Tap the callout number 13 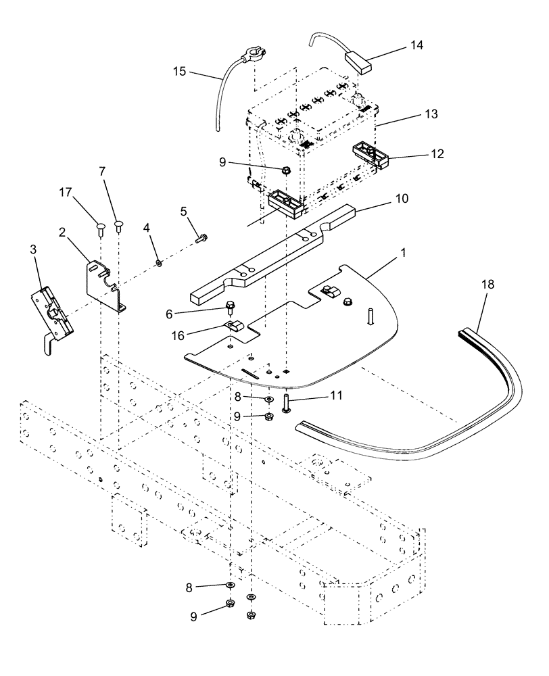tap(431, 114)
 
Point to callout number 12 tap(436, 154)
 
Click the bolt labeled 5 tap(200, 237)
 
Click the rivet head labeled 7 tap(119, 224)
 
